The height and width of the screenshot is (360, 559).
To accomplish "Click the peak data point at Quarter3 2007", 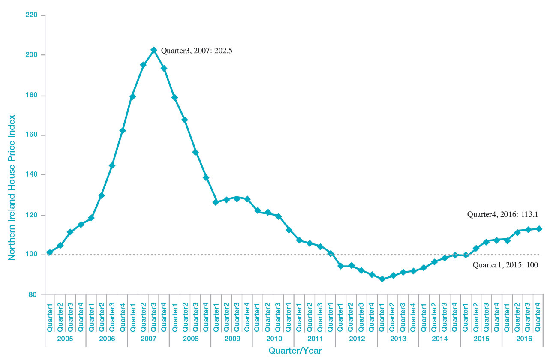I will [153, 50].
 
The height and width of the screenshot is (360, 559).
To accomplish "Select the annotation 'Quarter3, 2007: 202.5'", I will [196, 51].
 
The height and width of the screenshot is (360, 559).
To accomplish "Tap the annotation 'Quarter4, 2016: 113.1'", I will [502, 215].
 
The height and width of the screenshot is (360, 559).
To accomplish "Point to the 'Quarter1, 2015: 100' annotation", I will [505, 265].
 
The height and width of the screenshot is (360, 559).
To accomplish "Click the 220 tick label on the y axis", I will [33, 15].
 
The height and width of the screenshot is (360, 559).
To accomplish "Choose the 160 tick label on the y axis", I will [33, 135].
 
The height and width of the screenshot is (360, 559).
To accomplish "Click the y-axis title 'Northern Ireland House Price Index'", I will [12, 187].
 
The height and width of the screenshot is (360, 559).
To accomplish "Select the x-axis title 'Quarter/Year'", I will [295, 351].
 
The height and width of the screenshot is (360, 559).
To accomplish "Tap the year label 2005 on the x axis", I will [65, 339].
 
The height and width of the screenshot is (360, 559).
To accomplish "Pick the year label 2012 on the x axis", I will [356, 339].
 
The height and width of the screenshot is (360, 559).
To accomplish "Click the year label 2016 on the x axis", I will [523, 339].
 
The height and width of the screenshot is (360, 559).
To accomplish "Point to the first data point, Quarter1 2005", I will [50, 252].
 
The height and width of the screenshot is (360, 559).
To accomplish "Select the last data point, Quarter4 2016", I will [539, 229].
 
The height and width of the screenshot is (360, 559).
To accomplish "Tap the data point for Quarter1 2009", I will [216, 202].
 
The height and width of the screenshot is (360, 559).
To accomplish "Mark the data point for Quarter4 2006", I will [122, 131].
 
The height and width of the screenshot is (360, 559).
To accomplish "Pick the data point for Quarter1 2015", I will [466, 255].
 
